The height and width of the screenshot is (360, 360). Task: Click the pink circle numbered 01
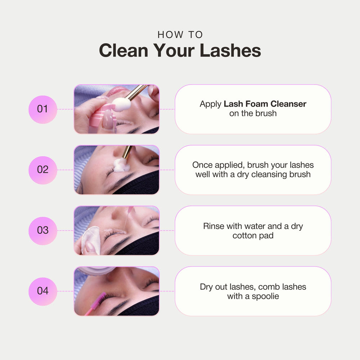(43, 109)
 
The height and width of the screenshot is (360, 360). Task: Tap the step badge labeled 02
(43, 170)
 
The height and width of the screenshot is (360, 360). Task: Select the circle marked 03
(43, 231)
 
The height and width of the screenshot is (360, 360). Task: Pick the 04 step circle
(43, 291)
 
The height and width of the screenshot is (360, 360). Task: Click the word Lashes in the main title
(230, 50)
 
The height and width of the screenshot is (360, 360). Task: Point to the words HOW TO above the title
(180, 35)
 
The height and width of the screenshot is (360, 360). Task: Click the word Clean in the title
(123, 50)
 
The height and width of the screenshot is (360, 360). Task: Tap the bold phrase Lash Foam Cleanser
(265, 104)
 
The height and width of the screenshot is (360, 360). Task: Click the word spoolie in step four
(265, 296)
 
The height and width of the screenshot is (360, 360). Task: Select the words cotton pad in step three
(253, 235)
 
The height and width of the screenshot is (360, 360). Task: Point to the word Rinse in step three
(213, 226)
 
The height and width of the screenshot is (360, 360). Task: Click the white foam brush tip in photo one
(121, 104)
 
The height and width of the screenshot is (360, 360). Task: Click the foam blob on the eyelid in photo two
(121, 165)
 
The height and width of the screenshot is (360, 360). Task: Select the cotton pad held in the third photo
(91, 240)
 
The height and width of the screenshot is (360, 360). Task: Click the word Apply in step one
(211, 104)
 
